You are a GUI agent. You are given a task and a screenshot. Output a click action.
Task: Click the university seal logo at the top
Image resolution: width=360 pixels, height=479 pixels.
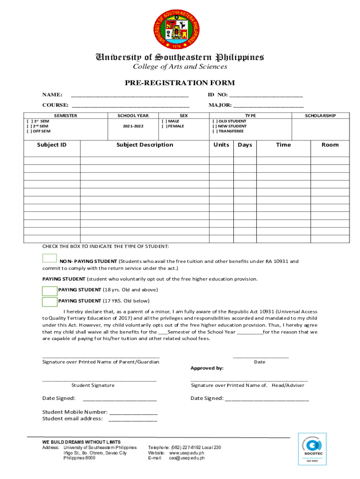pyautogui.click(x=180, y=29)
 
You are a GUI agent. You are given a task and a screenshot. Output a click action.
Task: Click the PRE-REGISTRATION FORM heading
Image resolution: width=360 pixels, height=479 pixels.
pyautogui.click(x=180, y=83)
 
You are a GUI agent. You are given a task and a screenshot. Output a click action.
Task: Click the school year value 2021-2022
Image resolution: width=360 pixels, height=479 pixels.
pyautogui.click(x=134, y=126)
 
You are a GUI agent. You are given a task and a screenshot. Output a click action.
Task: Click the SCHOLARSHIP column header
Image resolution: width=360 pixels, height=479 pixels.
pyautogui.click(x=320, y=116)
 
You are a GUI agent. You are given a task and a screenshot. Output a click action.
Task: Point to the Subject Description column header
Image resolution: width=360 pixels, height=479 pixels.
pyautogui.click(x=144, y=145)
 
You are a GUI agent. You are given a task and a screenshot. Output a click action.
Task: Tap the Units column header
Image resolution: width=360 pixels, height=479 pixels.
pyautogui.click(x=221, y=145)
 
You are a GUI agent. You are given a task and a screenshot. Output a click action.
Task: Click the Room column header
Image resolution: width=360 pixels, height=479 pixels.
pyautogui.click(x=330, y=145)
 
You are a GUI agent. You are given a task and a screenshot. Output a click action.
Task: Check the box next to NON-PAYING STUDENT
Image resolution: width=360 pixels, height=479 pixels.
pyautogui.click(x=49, y=258)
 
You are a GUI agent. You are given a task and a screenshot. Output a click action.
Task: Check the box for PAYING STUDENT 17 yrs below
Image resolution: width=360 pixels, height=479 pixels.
pyautogui.click(x=49, y=301)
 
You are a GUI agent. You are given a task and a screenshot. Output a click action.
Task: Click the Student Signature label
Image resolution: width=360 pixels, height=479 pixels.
pyautogui.click(x=93, y=385)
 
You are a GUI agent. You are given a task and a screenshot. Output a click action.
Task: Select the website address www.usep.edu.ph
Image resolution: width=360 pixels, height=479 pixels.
pyautogui.click(x=187, y=453)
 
